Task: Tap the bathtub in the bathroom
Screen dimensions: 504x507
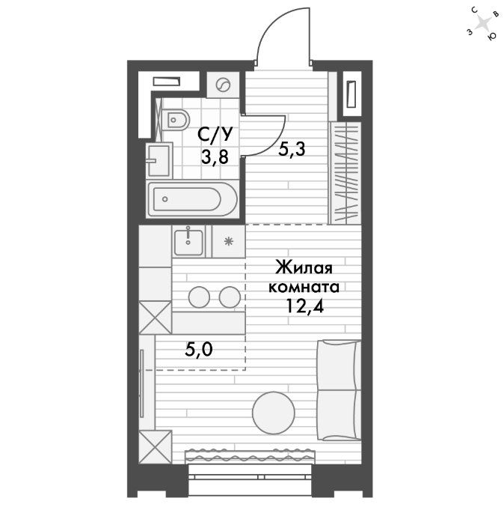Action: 193,199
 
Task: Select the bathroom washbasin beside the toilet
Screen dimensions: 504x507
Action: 159,160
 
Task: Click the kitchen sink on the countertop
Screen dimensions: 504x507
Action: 188,242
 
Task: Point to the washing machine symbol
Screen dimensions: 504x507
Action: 223,85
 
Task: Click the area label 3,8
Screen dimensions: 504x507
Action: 215,157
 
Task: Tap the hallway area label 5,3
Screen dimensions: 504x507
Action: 292,150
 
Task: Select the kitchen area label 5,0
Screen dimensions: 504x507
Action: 199,349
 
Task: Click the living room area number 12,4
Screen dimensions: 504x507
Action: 305,306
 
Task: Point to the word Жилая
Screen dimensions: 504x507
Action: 304,268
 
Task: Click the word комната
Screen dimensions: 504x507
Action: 304,287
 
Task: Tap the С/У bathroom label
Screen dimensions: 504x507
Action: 215,135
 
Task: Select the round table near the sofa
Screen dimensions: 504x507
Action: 274,413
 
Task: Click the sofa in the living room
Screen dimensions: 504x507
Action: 339,390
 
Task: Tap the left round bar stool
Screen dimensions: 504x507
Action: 199,297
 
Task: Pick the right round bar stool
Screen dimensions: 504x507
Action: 230,297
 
